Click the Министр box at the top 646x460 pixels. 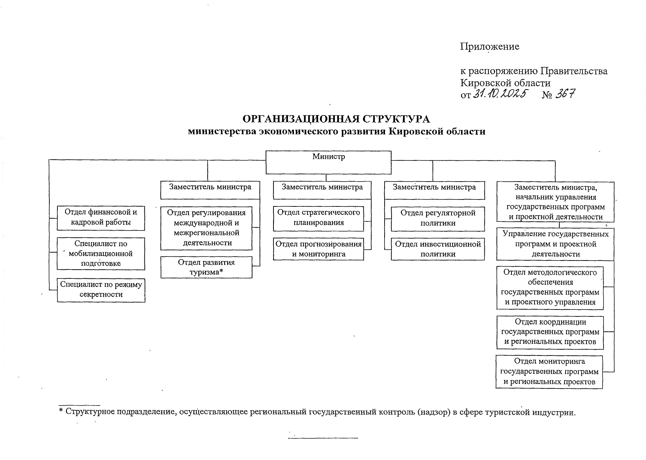point(328,162)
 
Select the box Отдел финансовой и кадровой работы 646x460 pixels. point(101,218)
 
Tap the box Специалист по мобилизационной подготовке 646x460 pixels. point(101,254)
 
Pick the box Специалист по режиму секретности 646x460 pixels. point(101,290)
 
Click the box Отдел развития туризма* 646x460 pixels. point(206,267)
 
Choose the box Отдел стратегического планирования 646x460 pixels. point(318,218)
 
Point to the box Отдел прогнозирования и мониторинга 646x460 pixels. point(318,249)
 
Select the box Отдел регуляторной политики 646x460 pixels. point(438,218)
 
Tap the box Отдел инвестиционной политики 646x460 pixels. point(438,249)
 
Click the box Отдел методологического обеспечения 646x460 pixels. point(550,288)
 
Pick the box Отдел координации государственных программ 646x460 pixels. point(550,332)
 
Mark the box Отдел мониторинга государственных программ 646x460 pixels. point(549,372)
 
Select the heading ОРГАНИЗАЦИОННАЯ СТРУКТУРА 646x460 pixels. point(336,119)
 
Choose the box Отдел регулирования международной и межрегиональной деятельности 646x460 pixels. point(206,228)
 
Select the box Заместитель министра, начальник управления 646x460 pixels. point(555,202)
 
